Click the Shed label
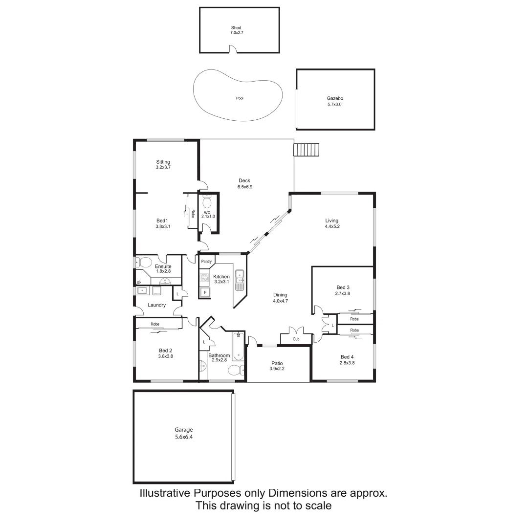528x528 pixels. (236, 28)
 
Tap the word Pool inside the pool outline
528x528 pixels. (240, 98)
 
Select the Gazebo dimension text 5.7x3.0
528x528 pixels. (335, 104)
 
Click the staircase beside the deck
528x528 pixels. (306, 150)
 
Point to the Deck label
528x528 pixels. (244, 181)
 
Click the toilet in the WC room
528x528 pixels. (207, 202)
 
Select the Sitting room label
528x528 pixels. (163, 162)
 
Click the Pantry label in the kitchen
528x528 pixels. (206, 262)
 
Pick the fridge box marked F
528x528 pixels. (205, 292)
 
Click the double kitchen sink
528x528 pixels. (240, 277)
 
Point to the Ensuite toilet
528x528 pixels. (142, 263)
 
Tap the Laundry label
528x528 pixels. (156, 305)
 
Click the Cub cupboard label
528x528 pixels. (296, 339)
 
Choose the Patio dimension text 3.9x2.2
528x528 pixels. (277, 369)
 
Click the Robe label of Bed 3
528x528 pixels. (354, 319)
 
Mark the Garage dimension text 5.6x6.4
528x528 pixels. (184, 437)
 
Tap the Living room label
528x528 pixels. (331, 220)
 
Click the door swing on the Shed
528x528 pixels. (234, 49)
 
